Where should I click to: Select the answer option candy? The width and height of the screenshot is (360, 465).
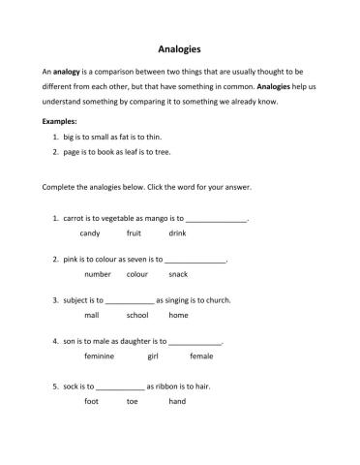point(90,233)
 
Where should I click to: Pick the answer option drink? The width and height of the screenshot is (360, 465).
point(177,233)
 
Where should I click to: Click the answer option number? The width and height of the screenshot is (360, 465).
point(98,274)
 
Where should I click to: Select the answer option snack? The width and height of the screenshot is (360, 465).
point(177,274)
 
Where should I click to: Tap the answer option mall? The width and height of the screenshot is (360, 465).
point(92,315)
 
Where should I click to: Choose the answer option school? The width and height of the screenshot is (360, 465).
point(137,315)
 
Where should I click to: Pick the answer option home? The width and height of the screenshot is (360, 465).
point(178,315)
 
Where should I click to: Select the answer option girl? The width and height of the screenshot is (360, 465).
point(152,356)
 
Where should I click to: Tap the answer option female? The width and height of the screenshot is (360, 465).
point(201,356)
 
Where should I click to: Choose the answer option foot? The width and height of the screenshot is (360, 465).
point(92,400)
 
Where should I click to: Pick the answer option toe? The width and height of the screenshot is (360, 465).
point(133,400)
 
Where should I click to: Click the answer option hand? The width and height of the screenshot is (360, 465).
point(177,400)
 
